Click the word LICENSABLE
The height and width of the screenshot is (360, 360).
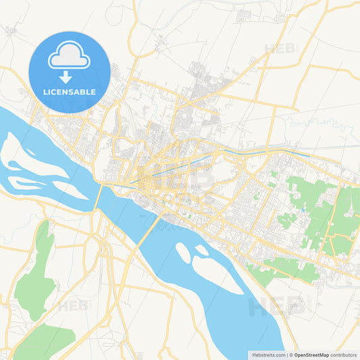tap(70, 92)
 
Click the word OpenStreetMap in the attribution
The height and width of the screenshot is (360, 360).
tap(311, 355)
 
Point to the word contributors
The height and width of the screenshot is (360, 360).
tap(344, 355)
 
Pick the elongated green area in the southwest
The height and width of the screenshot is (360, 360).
tap(37, 270)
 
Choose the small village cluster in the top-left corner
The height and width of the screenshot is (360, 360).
tap(11, 30)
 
